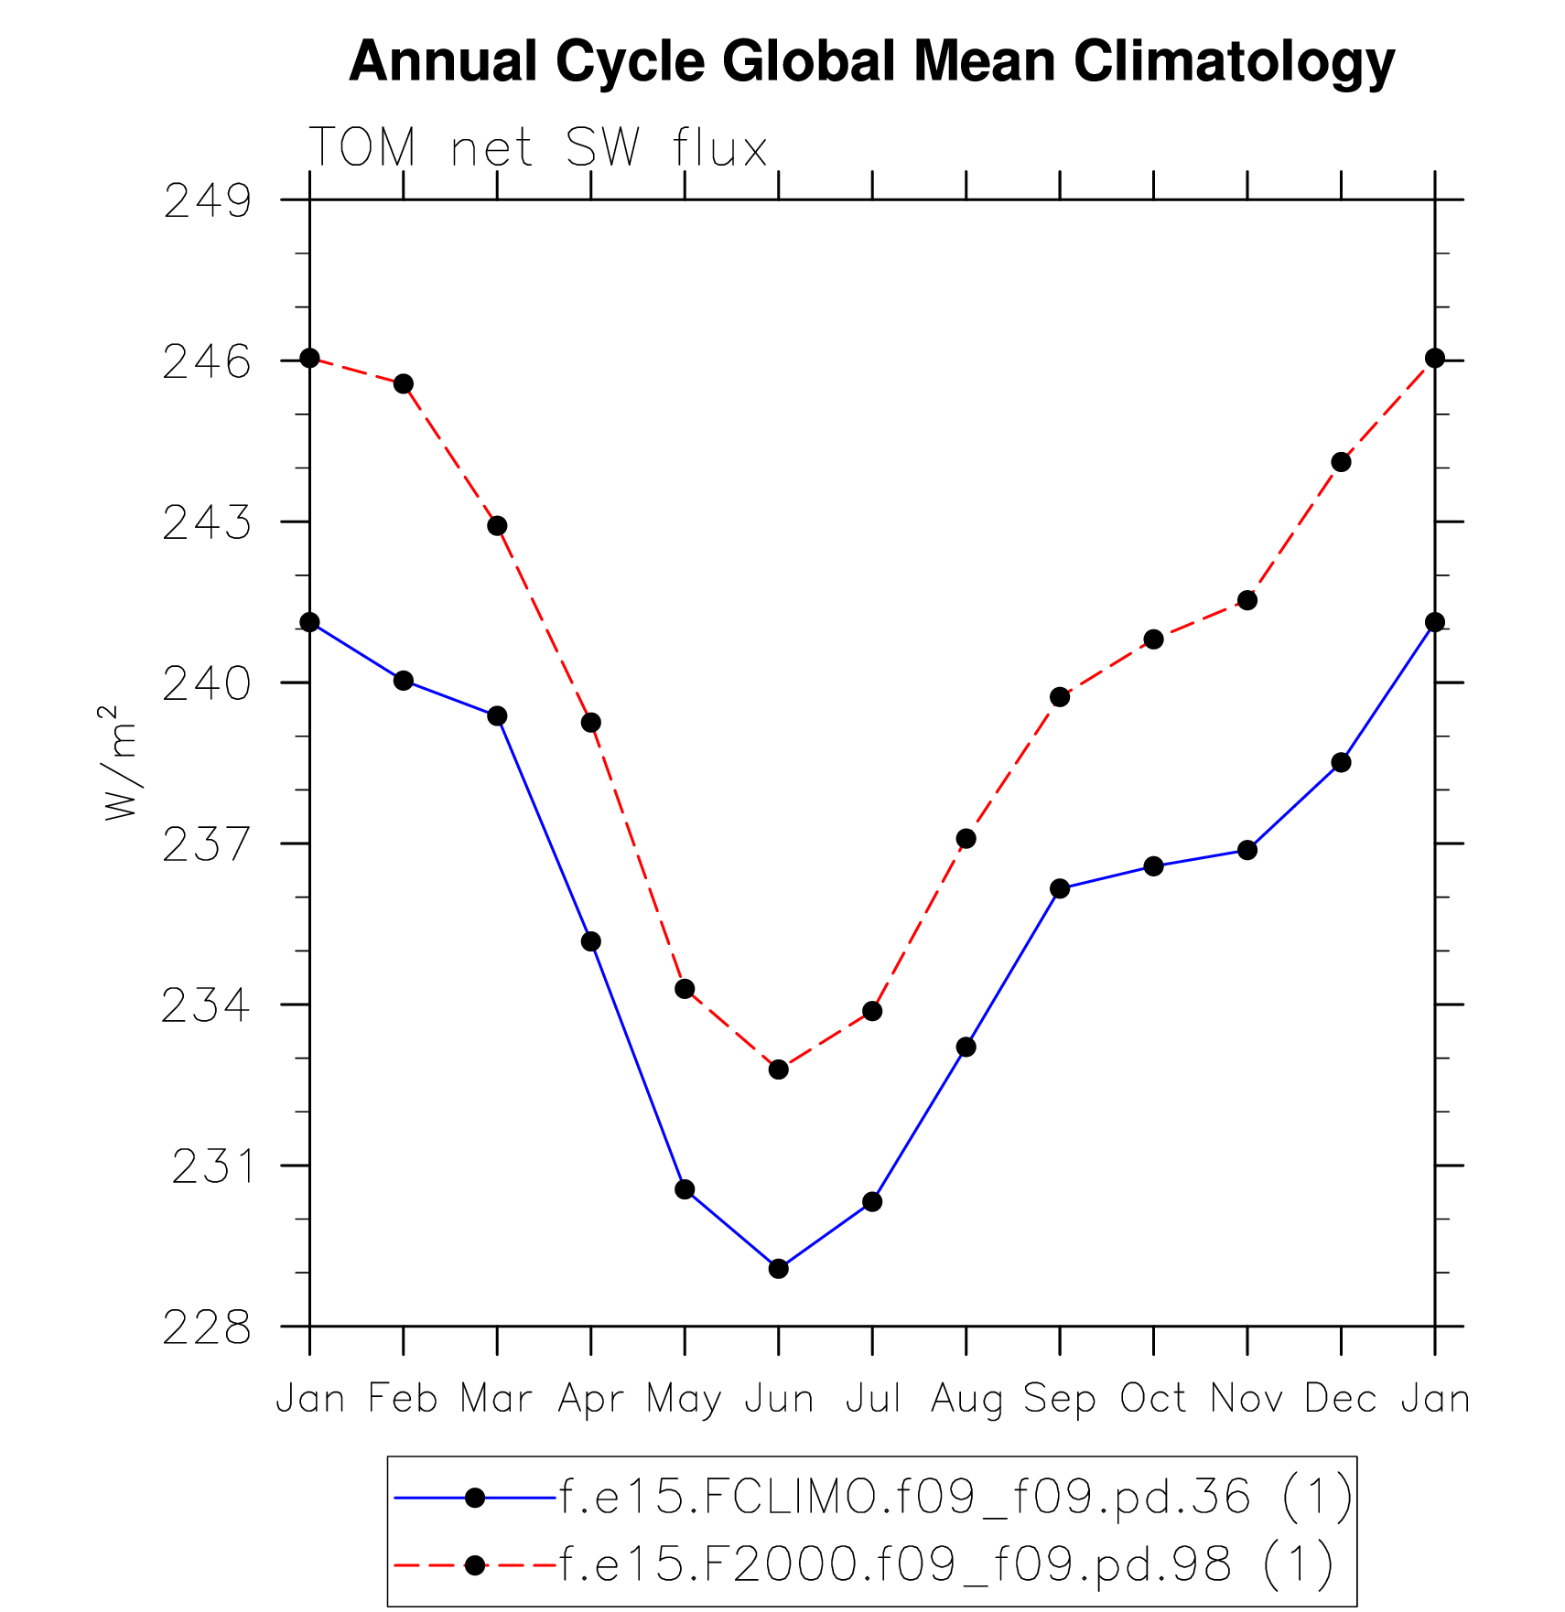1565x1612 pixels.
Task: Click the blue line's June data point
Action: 779,1268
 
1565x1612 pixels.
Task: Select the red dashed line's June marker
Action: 779,1069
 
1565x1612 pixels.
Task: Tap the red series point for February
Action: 404,383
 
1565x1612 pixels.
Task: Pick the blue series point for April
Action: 591,941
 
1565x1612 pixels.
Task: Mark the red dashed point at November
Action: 1247,600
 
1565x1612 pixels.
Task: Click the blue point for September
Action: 1060,888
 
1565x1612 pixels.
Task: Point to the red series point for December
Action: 1341,462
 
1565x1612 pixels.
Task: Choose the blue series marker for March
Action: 497,715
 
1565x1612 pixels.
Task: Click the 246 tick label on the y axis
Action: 207,362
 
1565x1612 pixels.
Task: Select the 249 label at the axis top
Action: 207,201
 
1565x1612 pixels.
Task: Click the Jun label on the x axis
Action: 779,1399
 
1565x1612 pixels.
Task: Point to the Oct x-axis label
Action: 1153,1399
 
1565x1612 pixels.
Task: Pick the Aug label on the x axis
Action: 966,1399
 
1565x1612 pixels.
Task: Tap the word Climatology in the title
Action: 1234,62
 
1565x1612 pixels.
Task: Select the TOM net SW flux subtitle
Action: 538,148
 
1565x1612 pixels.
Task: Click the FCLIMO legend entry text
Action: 955,1497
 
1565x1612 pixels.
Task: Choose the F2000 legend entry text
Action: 946,1564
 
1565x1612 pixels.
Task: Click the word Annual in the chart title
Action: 443,62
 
